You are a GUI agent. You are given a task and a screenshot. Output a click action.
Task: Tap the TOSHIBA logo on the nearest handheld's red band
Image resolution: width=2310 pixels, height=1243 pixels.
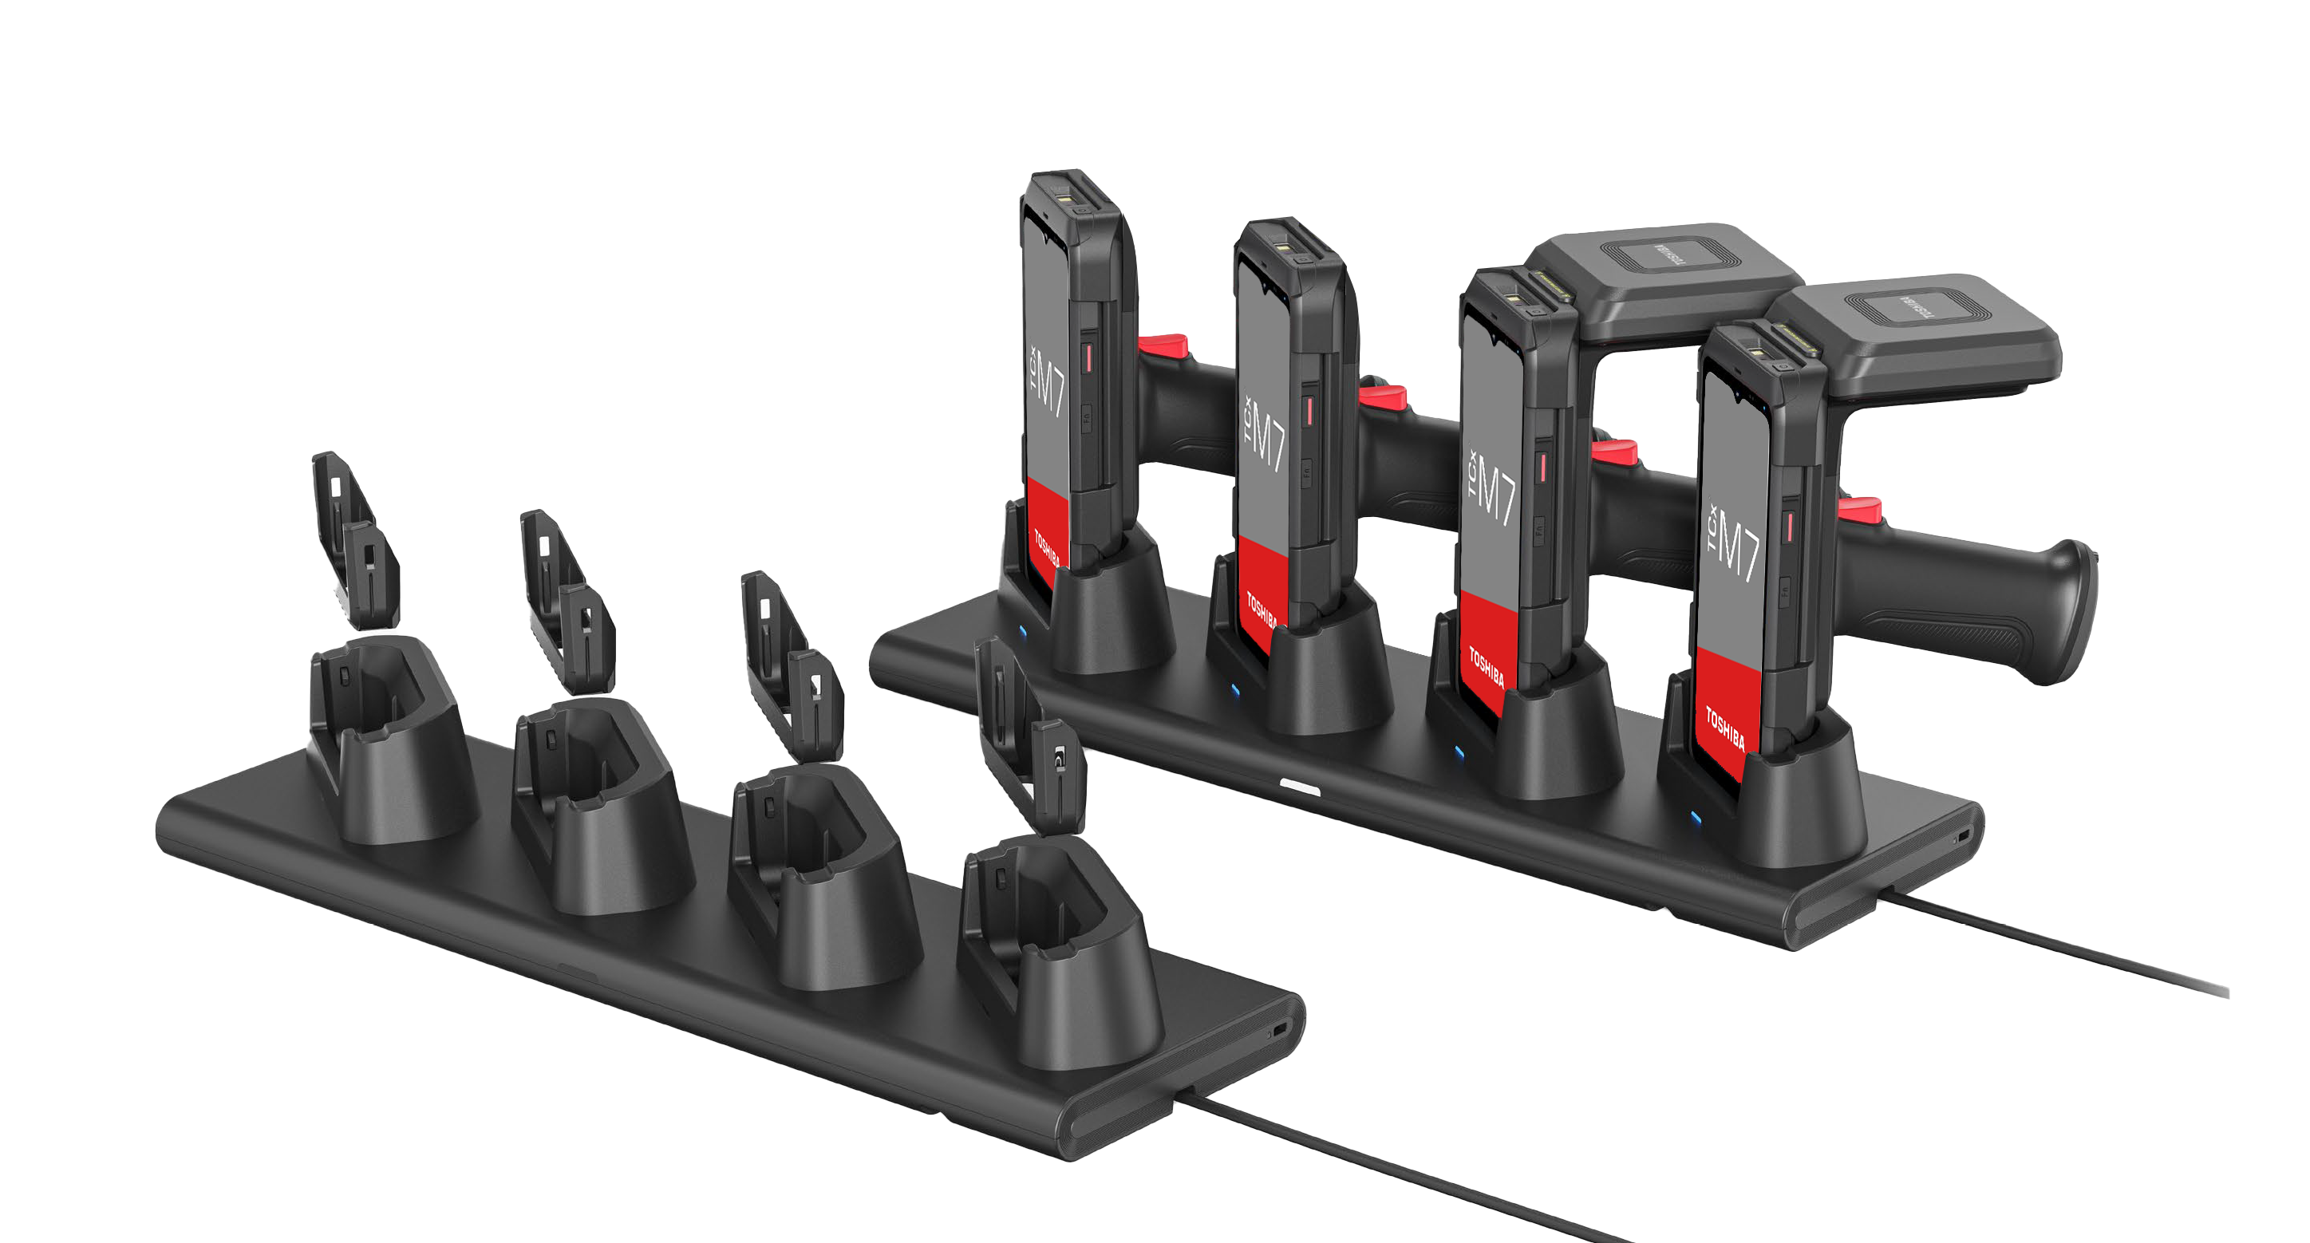[x=1724, y=728]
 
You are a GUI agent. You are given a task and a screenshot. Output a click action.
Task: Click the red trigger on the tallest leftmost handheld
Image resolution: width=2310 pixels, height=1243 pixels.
[x=1164, y=345]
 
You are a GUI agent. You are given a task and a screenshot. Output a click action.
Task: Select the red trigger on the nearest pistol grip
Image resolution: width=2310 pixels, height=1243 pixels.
[x=1860, y=509]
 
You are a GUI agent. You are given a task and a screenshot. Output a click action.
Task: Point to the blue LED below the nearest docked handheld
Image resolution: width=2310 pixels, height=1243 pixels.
[x=1695, y=816]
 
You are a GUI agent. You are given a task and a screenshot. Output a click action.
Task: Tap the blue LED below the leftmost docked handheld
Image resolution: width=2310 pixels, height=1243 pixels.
[x=1023, y=631]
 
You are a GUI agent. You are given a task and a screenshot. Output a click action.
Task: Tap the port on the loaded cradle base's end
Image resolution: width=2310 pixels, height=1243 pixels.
[x=1964, y=836]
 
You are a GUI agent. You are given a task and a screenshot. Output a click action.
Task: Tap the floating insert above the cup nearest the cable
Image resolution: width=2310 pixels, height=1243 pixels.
[x=1031, y=736]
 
